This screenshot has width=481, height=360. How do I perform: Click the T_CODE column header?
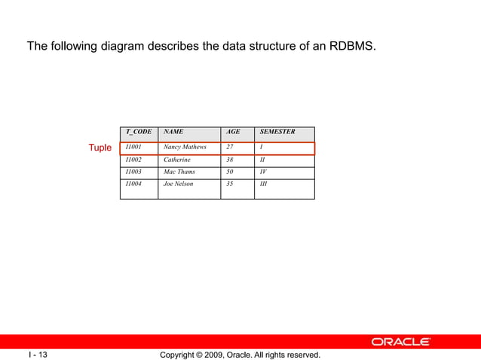pyautogui.click(x=138, y=132)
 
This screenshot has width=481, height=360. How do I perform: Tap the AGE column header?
pyautogui.click(x=234, y=132)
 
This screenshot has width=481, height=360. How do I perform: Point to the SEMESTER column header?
pyautogui.click(x=277, y=132)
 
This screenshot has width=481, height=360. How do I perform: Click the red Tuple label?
pyautogui.click(x=100, y=148)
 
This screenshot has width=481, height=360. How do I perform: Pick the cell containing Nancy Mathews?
pyautogui.click(x=185, y=148)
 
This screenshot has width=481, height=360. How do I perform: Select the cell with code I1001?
pyautogui.click(x=133, y=148)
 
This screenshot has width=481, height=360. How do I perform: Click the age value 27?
pyautogui.click(x=230, y=148)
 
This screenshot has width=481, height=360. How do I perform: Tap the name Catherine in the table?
pyautogui.click(x=177, y=160)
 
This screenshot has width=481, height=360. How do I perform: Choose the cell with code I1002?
pyautogui.click(x=133, y=160)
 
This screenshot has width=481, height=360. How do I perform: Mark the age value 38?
pyautogui.click(x=230, y=160)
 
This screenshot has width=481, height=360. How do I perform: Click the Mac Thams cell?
pyautogui.click(x=179, y=172)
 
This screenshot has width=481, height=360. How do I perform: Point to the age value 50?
pyautogui.click(x=230, y=172)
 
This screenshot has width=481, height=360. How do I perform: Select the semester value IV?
pyautogui.click(x=263, y=172)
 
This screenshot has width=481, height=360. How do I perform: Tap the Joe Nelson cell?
pyautogui.click(x=178, y=184)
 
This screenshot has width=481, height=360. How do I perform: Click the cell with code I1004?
pyautogui.click(x=133, y=184)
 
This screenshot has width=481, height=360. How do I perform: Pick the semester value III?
pyautogui.click(x=263, y=184)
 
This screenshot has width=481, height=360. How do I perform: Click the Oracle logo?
pyautogui.click(x=400, y=342)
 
